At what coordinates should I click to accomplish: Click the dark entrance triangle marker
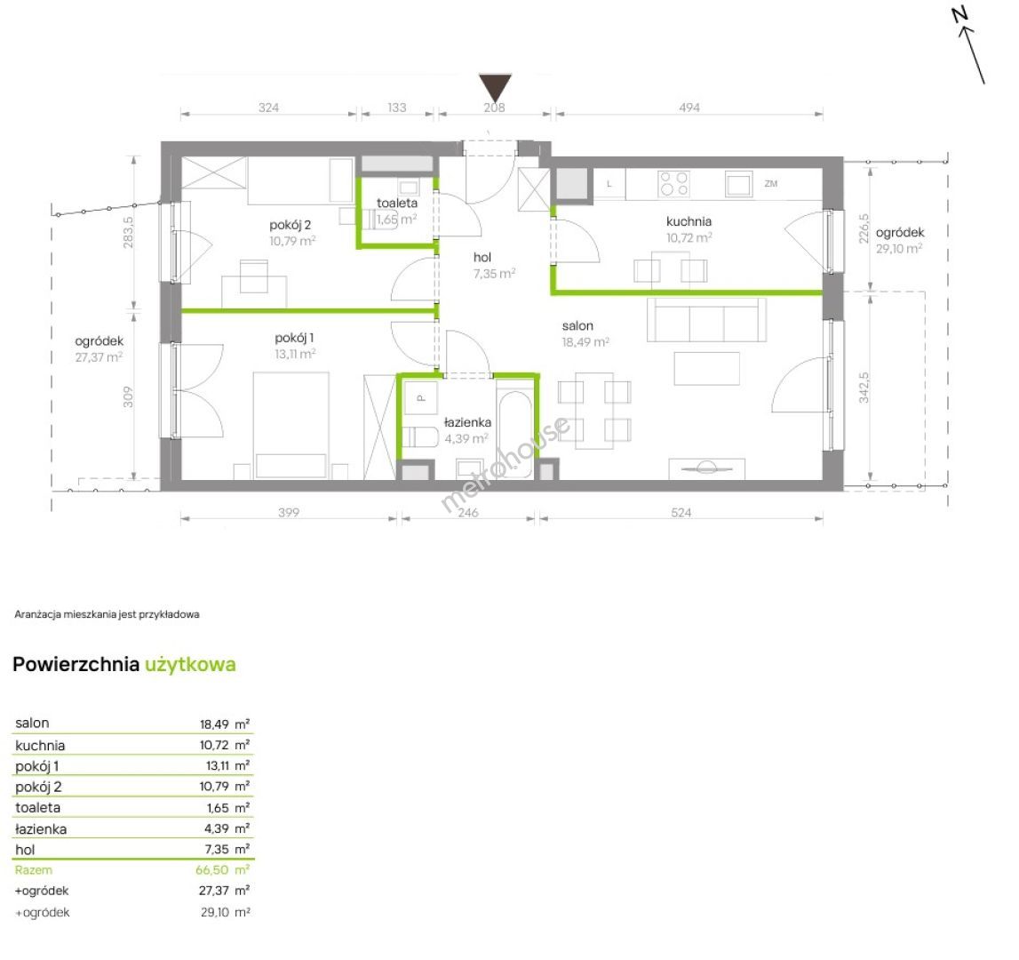(495, 87)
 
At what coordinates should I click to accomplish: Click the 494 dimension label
(689, 108)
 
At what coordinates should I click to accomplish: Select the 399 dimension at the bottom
(289, 513)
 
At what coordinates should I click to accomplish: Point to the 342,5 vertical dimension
(864, 388)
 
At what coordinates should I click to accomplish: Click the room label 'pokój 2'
(290, 225)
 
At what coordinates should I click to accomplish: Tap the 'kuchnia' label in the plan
(689, 221)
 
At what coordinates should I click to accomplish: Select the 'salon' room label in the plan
(577, 326)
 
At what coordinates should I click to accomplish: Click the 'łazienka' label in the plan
(467, 423)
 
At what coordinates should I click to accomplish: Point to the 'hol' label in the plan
(482, 258)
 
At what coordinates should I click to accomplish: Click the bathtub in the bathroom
(515, 435)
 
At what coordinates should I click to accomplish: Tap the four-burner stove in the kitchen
(674, 183)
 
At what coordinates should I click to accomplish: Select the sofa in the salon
(705, 320)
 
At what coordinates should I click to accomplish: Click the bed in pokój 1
(291, 426)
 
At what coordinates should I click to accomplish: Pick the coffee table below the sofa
(706, 369)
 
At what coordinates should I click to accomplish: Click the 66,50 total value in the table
(211, 870)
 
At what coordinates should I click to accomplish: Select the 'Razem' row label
(34, 870)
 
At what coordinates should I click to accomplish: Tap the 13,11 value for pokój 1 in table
(217, 766)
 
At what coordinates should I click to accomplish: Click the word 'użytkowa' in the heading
(190, 665)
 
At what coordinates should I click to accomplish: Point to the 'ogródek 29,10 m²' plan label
(899, 241)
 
